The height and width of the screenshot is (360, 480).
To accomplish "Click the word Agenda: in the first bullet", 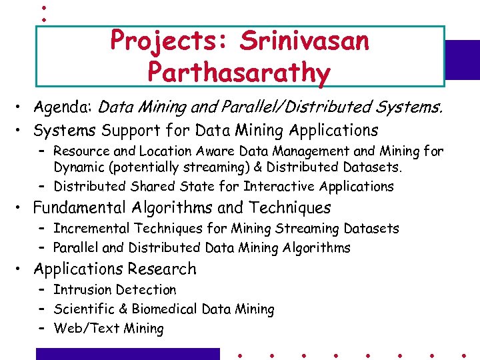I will [63, 107].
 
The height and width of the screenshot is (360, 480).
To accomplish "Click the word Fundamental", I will [81, 208].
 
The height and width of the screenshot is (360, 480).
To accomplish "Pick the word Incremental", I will [92, 229].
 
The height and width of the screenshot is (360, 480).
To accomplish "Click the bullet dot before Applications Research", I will [22, 270].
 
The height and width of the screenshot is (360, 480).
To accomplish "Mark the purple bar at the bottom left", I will [127, 354].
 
